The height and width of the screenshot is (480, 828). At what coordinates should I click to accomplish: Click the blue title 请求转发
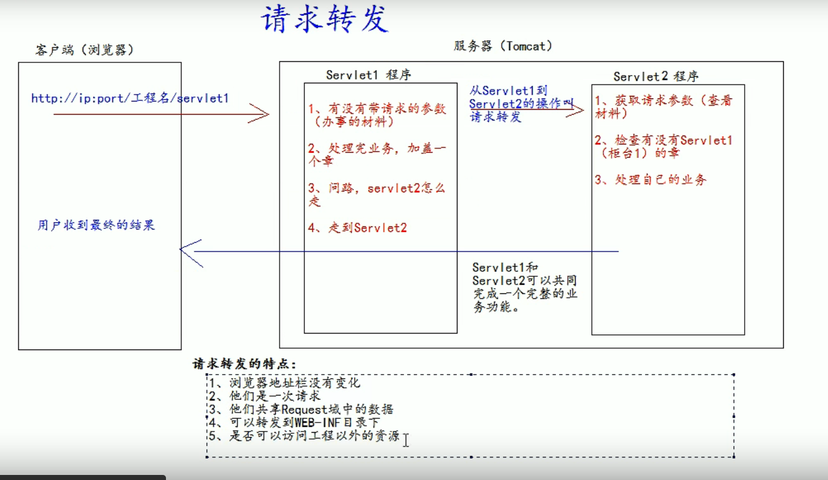point(324,20)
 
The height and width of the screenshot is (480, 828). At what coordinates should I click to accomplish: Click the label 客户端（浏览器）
point(85,50)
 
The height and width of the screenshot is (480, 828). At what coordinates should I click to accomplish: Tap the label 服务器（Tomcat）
point(502,46)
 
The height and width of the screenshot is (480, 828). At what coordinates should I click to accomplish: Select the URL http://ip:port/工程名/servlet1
point(130,98)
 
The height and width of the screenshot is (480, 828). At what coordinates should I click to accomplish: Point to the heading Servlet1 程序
point(369,75)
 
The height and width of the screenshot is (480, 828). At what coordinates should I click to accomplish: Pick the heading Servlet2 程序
point(656,77)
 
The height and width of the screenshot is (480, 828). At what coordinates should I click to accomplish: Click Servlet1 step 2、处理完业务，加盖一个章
point(377,155)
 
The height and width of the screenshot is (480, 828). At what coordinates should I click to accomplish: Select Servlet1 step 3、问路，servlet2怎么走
point(377,194)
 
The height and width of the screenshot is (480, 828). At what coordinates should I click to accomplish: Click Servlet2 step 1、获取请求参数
point(663,107)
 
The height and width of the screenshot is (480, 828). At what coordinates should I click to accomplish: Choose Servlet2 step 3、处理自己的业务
point(651,180)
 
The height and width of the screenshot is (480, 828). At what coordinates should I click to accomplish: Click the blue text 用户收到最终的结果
point(96,225)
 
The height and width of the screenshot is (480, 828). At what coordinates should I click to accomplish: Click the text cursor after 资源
point(406,439)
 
